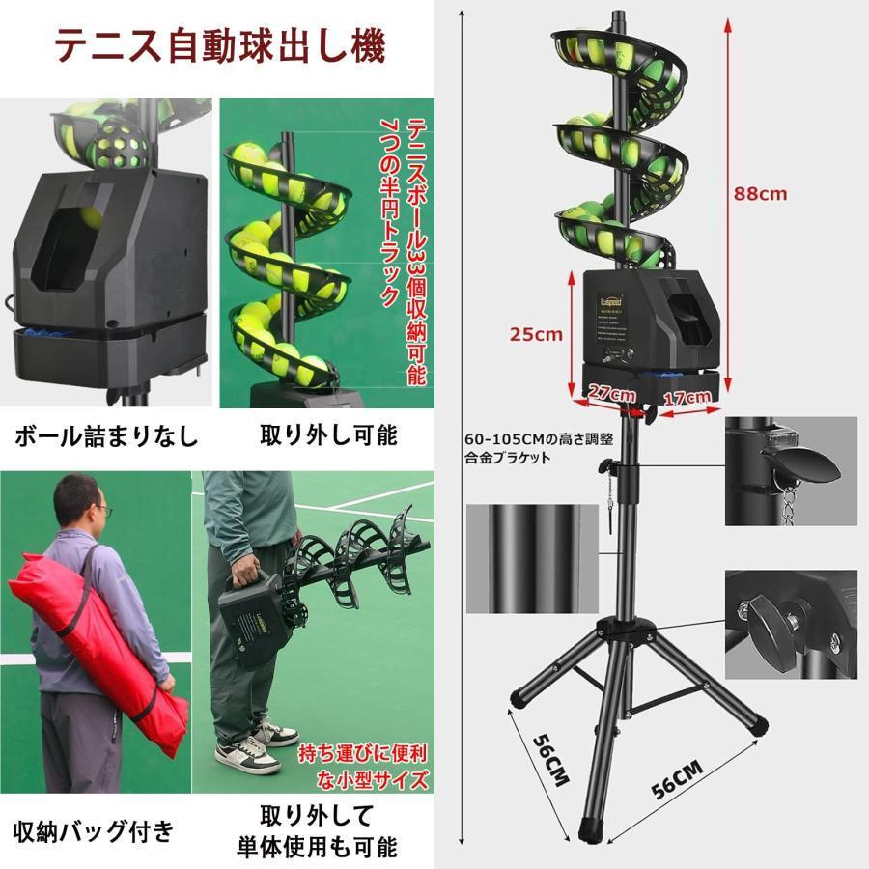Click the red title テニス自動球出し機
(x=219, y=44)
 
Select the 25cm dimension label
(x=536, y=334)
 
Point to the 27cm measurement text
(x=612, y=394)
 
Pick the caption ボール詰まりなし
(x=105, y=436)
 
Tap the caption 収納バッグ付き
(x=94, y=828)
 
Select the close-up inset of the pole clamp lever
(x=791, y=470)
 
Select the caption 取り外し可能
(x=328, y=435)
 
